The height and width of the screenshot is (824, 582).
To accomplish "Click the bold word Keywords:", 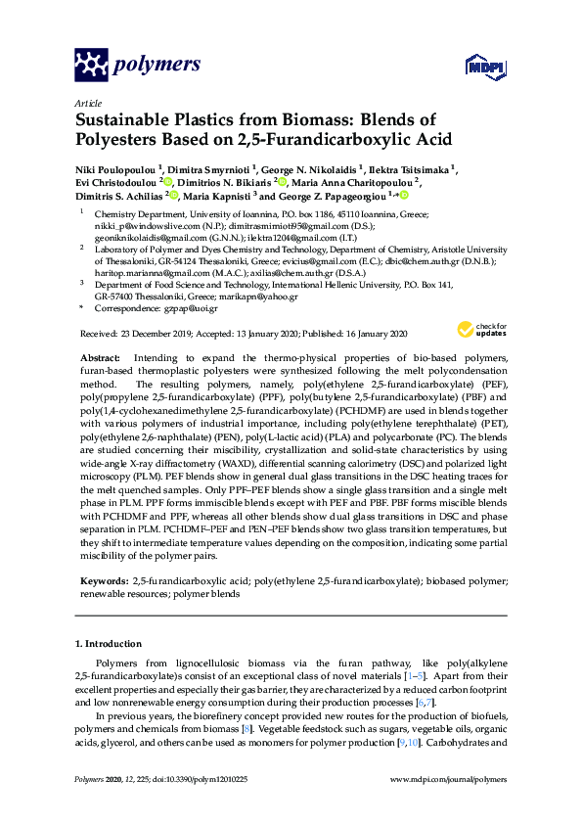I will coord(103,581).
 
